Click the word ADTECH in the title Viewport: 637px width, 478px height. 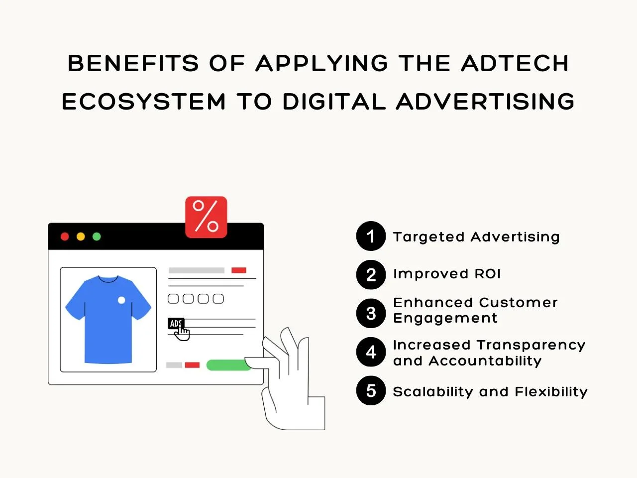coord(515,63)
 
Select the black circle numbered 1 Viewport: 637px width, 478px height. coord(371,236)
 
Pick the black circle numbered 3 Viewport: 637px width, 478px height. coord(371,313)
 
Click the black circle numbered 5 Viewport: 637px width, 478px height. coord(371,391)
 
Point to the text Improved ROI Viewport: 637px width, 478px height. coord(447,274)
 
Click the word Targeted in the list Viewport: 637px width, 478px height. coord(428,237)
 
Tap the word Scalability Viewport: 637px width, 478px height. coord(433,392)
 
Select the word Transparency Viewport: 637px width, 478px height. coord(531,346)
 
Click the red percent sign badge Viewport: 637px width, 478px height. coord(206,217)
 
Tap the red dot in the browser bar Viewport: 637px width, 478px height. coord(65,237)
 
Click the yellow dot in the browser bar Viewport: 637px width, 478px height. coord(81,237)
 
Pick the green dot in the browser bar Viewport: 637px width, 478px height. coord(97,237)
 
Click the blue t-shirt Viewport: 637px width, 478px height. coord(108,319)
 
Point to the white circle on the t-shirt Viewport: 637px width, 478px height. coord(121,300)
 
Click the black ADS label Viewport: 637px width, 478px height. coord(176,323)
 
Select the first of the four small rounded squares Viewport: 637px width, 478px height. coord(173,299)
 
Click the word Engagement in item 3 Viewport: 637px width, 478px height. coord(445,319)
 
